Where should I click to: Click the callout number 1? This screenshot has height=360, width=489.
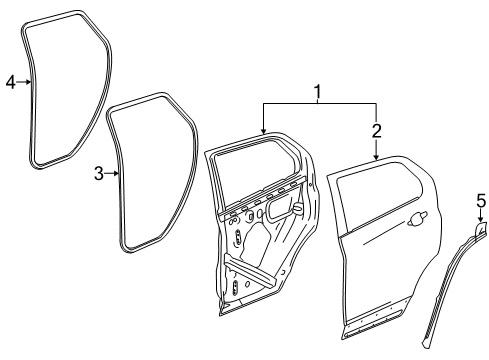click(x=318, y=93)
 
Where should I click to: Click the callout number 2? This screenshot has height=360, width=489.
click(x=377, y=130)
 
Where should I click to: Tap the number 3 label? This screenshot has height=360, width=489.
click(x=99, y=174)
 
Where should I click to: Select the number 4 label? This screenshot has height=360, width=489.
click(x=11, y=82)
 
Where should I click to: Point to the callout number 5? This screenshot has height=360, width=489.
click(x=481, y=203)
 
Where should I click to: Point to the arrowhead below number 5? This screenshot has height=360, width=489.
click(x=481, y=222)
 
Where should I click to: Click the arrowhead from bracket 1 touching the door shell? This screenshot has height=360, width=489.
click(x=263, y=134)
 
